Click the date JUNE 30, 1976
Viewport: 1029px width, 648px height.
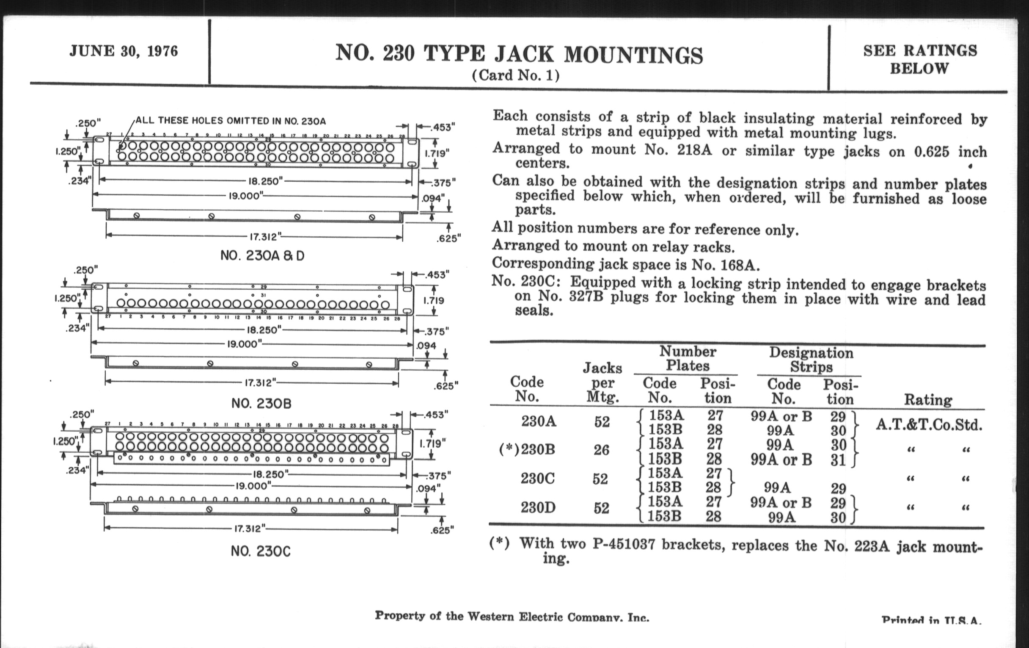pyautogui.click(x=124, y=51)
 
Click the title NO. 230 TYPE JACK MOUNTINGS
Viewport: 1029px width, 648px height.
pyautogui.click(x=519, y=54)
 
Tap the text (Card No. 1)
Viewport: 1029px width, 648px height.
pyautogui.click(x=515, y=76)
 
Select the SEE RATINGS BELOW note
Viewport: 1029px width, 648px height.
pyautogui.click(x=919, y=59)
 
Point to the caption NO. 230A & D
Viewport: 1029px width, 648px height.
pyautogui.click(x=262, y=256)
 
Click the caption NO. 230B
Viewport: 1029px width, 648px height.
pyautogui.click(x=261, y=403)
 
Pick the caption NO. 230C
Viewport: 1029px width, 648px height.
pyautogui.click(x=260, y=551)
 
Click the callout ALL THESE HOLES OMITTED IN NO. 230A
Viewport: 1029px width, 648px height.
pyautogui.click(x=231, y=121)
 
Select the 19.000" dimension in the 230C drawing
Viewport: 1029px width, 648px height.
pyautogui.click(x=253, y=486)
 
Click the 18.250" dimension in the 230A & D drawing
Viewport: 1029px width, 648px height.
pyautogui.click(x=265, y=181)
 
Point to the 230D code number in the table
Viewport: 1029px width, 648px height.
pyautogui.click(x=538, y=508)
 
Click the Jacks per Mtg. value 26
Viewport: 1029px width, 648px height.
pyautogui.click(x=601, y=450)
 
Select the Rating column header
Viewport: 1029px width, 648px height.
pyautogui.click(x=928, y=400)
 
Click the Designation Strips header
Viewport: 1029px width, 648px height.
pyautogui.click(x=811, y=360)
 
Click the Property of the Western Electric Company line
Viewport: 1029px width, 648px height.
pyautogui.click(x=512, y=616)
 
